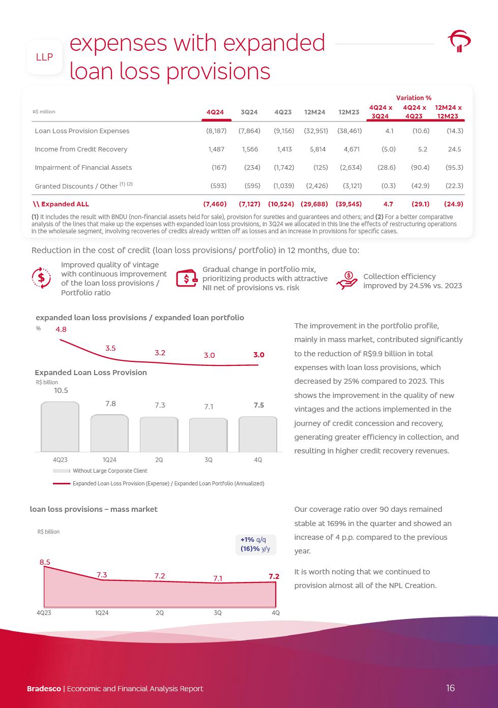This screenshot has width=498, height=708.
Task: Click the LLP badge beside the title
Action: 44,57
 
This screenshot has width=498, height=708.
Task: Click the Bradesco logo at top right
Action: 459,41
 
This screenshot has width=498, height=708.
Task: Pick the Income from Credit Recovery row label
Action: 81,149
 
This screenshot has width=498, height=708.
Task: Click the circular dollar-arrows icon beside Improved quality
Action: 41,278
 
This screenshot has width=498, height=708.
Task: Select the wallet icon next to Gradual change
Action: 187,279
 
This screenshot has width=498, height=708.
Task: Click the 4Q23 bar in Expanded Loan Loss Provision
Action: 60,426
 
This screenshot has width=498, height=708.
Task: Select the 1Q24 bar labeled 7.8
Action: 109,433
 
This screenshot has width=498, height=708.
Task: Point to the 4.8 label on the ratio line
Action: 61,329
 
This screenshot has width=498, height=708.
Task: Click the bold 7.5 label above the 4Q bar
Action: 258,405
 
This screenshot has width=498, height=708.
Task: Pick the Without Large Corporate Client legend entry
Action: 109,471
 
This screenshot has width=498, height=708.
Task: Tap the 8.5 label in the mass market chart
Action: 45,562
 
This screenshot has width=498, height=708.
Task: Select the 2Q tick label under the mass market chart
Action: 160,613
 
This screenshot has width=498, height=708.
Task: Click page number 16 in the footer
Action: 450,688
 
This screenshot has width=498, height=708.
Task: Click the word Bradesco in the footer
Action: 44,689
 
